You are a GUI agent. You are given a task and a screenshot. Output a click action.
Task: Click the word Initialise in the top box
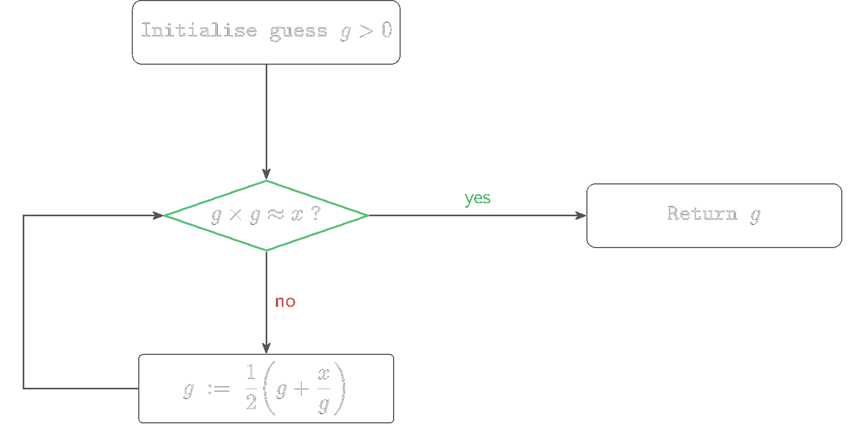tap(199, 31)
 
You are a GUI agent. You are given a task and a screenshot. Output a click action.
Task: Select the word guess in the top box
tap(299, 31)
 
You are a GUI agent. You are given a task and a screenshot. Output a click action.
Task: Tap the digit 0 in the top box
tap(387, 30)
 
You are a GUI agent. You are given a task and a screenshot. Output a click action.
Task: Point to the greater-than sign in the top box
tap(366, 31)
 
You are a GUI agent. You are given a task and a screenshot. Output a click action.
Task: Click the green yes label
tap(477, 198)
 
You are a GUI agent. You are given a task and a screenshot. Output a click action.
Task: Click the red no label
tap(285, 301)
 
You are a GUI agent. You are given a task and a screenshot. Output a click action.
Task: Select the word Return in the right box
tap(702, 214)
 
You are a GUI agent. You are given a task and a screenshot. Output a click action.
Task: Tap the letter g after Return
tap(755, 215)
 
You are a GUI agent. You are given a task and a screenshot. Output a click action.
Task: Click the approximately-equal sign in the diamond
tap(276, 215)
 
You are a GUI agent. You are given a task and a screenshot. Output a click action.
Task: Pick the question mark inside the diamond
tap(316, 214)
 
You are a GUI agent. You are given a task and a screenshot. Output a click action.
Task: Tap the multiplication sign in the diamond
tap(235, 215)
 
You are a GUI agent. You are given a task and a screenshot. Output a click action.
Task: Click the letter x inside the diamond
tap(298, 215)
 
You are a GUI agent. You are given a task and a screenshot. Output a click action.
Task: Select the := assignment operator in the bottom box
tap(219, 388)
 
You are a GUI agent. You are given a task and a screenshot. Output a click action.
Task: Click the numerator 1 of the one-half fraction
tap(251, 372)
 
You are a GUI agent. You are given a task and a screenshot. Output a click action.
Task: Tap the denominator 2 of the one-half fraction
tap(251, 402)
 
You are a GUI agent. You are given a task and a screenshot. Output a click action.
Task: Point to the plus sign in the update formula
tap(301, 389)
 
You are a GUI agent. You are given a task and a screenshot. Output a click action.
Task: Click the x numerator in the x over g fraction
tap(324, 373)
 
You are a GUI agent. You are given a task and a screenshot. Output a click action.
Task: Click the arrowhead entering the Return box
tap(581, 216)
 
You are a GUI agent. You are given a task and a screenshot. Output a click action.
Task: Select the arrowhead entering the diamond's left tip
tap(158, 216)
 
